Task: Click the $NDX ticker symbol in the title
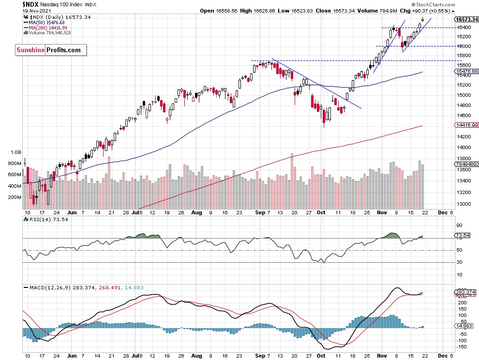[31, 4]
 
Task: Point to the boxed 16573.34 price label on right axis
[467, 19]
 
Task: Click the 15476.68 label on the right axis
[467, 71]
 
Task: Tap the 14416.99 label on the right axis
[467, 125]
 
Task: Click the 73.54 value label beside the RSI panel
[463, 236]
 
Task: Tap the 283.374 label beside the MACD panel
[465, 292]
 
